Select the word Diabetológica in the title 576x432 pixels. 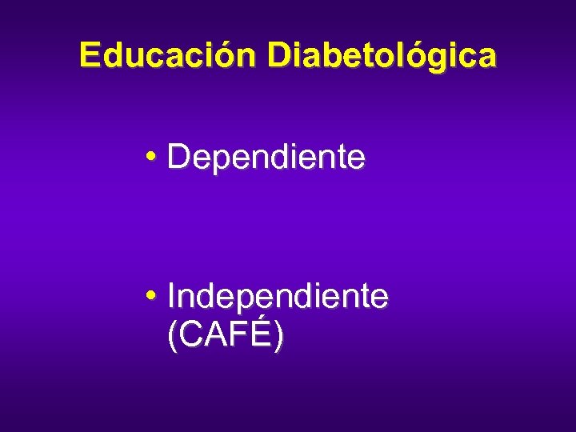(x=382, y=55)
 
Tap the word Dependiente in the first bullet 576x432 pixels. (x=266, y=158)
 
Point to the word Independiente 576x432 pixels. (x=278, y=297)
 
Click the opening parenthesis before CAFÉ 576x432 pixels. (x=173, y=336)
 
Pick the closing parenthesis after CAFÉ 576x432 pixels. (x=278, y=336)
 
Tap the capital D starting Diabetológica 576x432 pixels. (x=279, y=55)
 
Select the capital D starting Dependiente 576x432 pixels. (x=178, y=158)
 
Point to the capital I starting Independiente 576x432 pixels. (x=172, y=297)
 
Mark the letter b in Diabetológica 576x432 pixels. (x=332, y=55)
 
